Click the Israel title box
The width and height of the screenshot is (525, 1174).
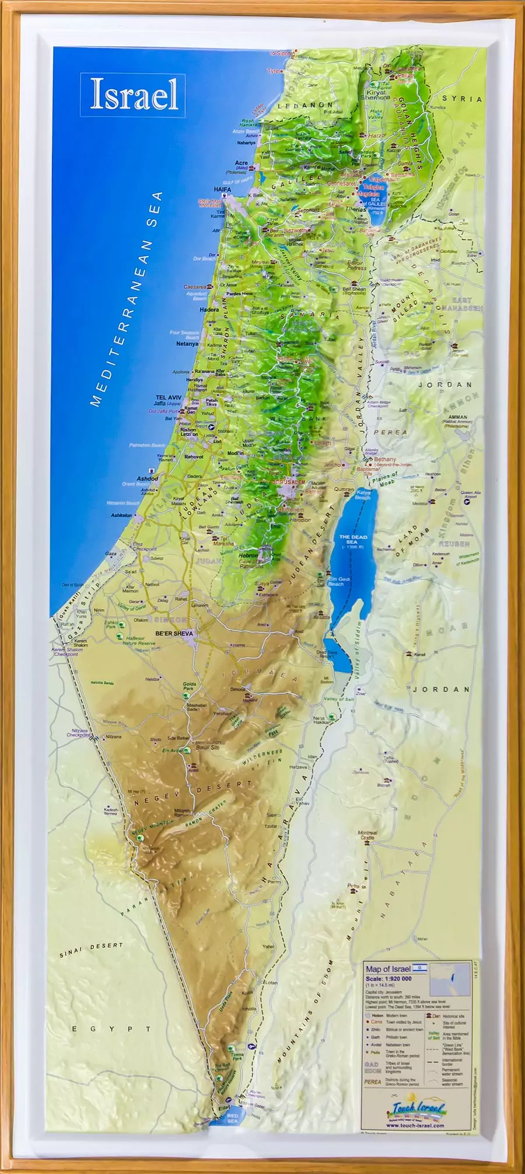pyautogui.click(x=133, y=95)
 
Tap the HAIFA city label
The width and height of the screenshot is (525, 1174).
pyautogui.click(x=222, y=189)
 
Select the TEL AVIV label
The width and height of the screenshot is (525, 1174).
pyautogui.click(x=168, y=397)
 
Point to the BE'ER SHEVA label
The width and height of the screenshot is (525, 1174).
pyautogui.click(x=174, y=633)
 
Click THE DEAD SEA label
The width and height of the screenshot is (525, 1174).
pyautogui.click(x=353, y=540)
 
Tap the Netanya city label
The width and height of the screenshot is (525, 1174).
pyautogui.click(x=187, y=344)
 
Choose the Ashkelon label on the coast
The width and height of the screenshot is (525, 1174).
pyautogui.click(x=121, y=515)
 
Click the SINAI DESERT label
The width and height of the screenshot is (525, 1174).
pyautogui.click(x=91, y=950)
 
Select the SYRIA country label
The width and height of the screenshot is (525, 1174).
pyautogui.click(x=462, y=99)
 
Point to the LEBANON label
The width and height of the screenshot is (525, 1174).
pyautogui.click(x=305, y=106)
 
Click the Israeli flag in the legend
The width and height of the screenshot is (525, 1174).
pyautogui.click(x=420, y=968)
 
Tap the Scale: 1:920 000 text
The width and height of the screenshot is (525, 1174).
pyautogui.click(x=388, y=978)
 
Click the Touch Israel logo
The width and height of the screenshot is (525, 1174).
pyautogui.click(x=418, y=1109)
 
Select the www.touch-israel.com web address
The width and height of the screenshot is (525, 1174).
pyautogui.click(x=415, y=1126)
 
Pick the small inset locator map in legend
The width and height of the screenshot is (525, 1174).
pyautogui.click(x=450, y=979)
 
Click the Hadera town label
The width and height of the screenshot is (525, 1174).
pyautogui.click(x=209, y=310)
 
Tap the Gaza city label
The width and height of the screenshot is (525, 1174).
pyautogui.click(x=111, y=553)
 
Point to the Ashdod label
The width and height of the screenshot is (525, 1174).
pyautogui.click(x=148, y=478)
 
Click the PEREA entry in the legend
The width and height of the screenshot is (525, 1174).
pyautogui.click(x=373, y=1082)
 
